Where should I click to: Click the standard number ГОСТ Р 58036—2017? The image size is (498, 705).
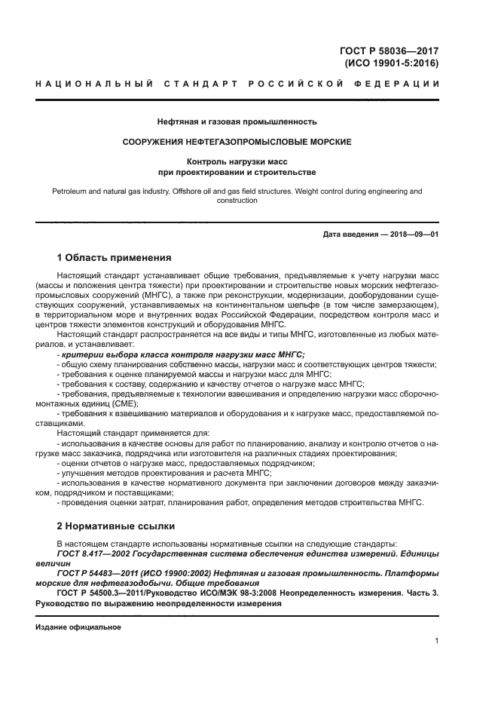(390, 51)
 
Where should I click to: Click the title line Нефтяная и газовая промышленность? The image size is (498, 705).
(237, 121)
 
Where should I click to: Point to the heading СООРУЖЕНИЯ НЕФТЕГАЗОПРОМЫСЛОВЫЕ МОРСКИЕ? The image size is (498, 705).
(237, 141)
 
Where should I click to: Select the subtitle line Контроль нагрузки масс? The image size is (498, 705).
(237, 161)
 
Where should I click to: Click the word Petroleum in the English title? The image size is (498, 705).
(70, 192)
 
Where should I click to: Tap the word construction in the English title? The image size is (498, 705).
(237, 201)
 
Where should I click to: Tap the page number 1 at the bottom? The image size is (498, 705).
(436, 641)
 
